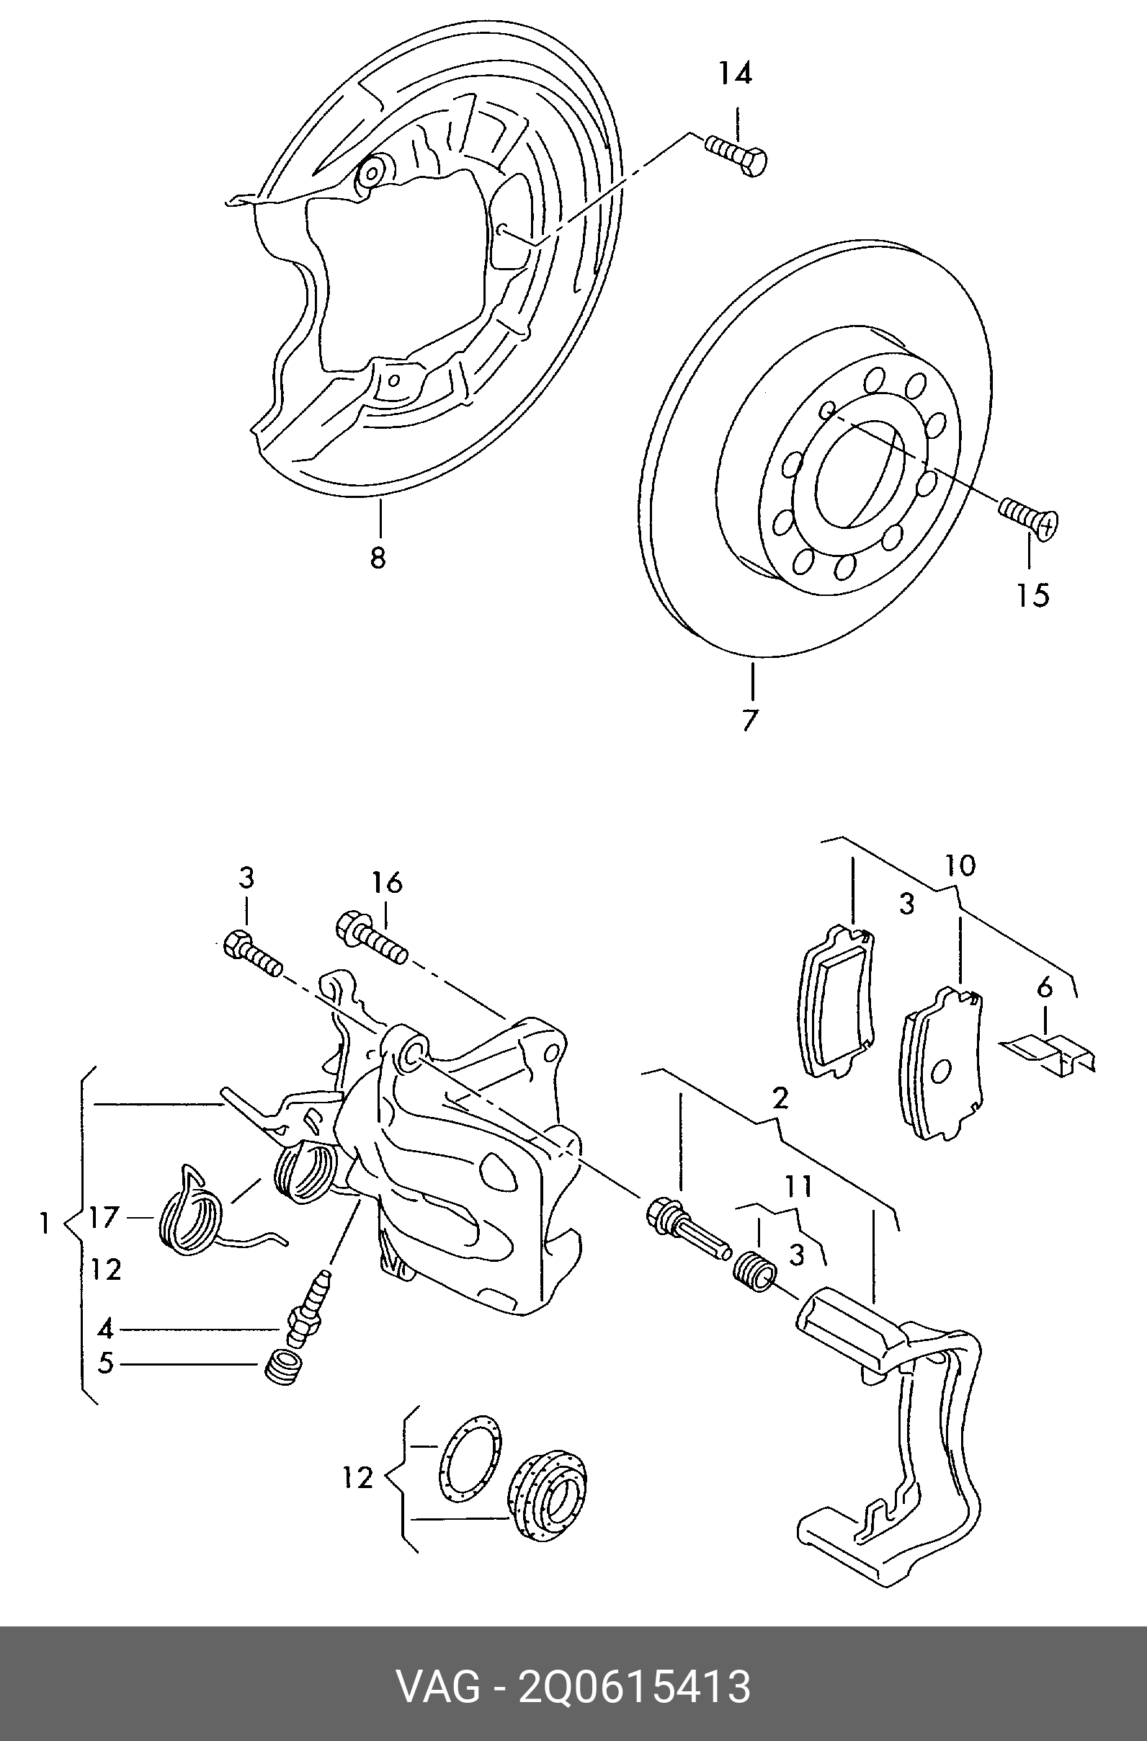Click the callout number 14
pyautogui.click(x=734, y=74)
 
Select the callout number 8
pyautogui.click(x=378, y=558)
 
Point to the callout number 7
pyautogui.click(x=749, y=720)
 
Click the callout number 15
pyautogui.click(x=1032, y=595)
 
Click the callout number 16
pyautogui.click(x=387, y=883)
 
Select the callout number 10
pyautogui.click(x=960, y=865)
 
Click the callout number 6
pyautogui.click(x=1045, y=988)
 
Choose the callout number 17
pyautogui.click(x=104, y=1217)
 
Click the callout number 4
pyautogui.click(x=106, y=1327)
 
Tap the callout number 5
pyautogui.click(x=106, y=1363)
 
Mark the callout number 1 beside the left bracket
pyautogui.click(x=45, y=1222)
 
